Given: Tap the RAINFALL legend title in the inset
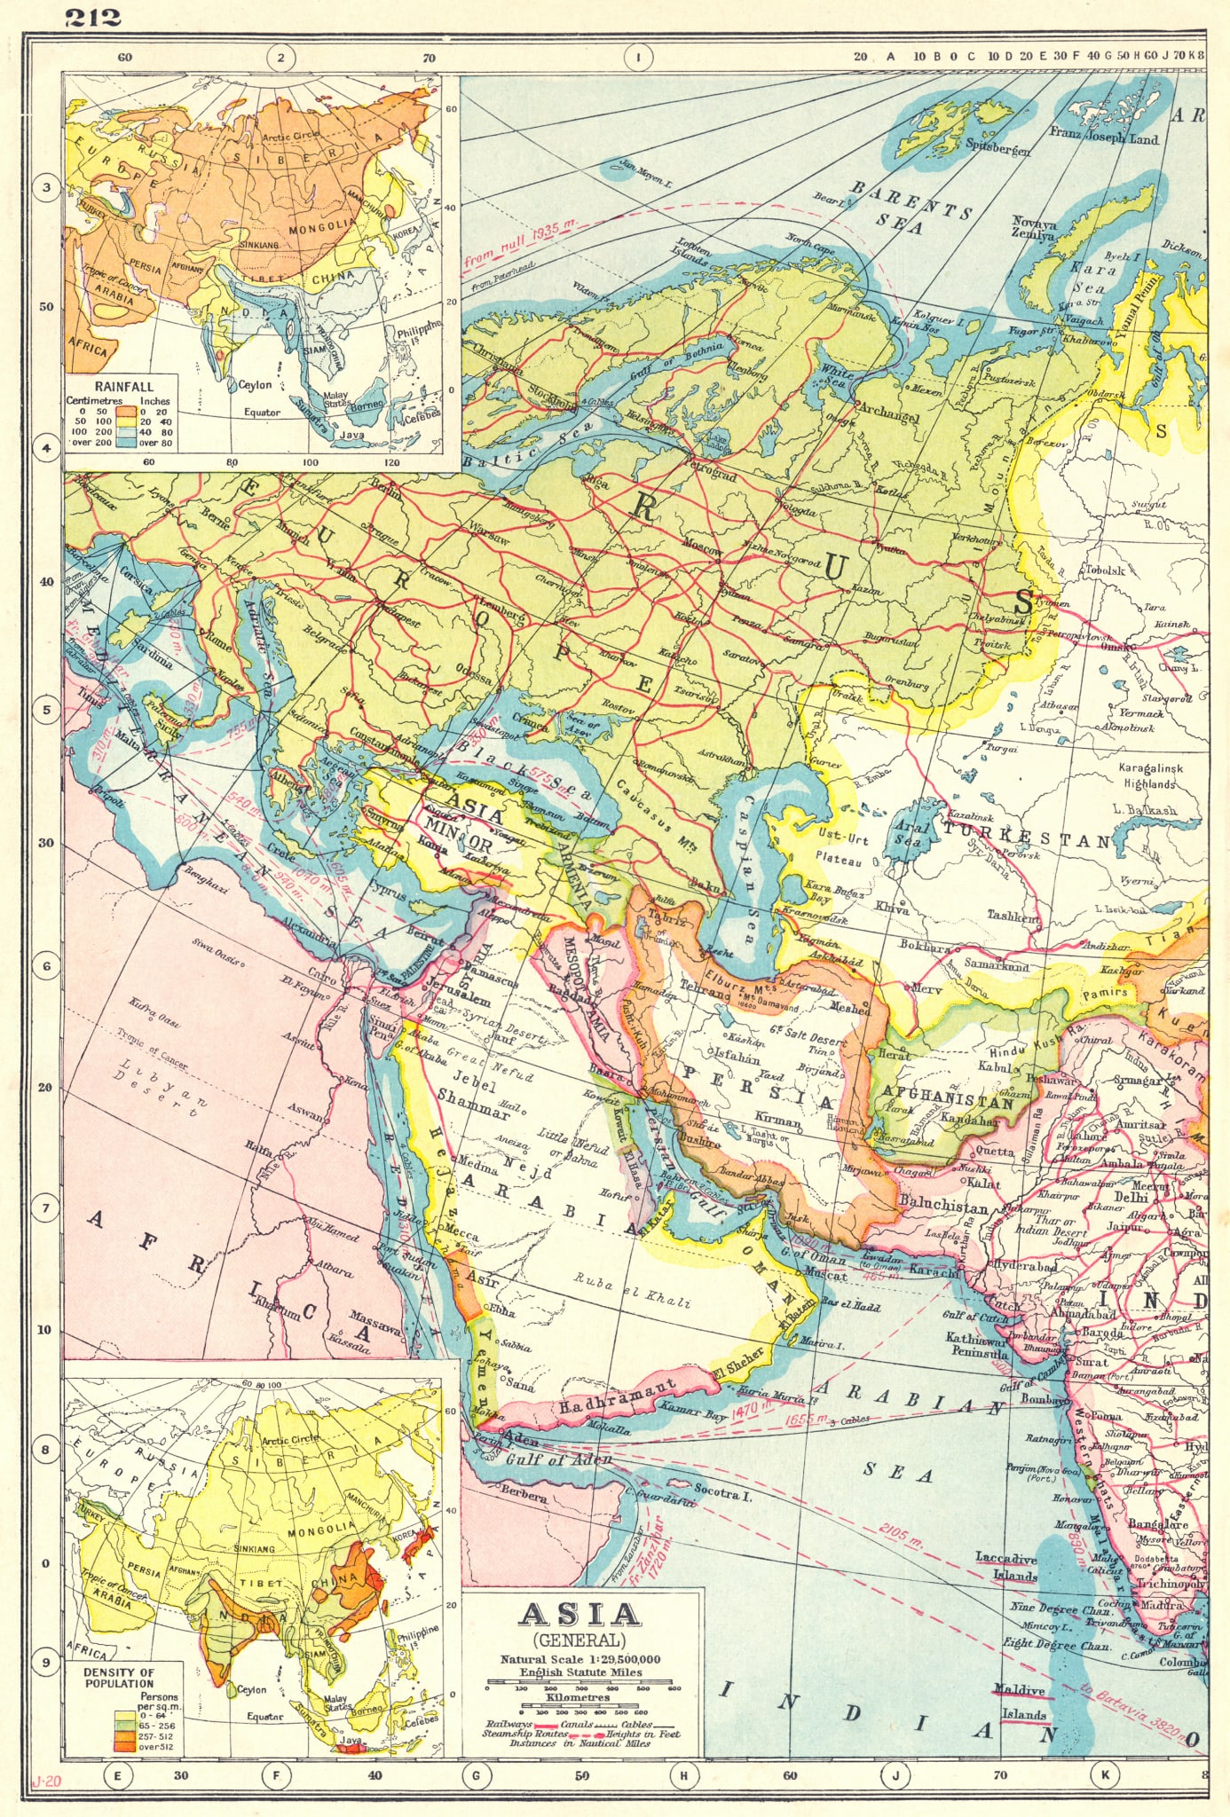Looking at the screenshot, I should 124,387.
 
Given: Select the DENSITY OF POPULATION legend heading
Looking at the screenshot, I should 119,1678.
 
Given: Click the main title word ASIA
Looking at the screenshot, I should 579,1614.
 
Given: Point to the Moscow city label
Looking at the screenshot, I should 702,549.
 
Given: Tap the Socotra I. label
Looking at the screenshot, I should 723,1492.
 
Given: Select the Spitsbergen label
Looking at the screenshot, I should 997,148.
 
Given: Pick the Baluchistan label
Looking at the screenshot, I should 942,1207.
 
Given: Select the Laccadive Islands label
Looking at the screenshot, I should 1005,1568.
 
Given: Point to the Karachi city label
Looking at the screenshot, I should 933,1272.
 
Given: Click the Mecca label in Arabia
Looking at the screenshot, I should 462,1233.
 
